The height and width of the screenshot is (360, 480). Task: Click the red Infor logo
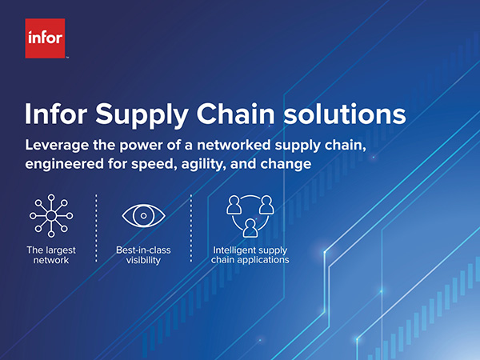[45, 38]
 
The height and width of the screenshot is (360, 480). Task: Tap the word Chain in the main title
[235, 113]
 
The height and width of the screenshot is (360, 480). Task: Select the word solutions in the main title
[344, 113]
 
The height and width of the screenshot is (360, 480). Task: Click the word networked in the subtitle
[234, 145]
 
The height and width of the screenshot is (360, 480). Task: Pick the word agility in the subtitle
[203, 165]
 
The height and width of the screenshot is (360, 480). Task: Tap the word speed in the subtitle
[154, 165]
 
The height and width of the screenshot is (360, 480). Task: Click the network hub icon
[51, 216]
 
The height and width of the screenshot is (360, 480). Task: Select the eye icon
[143, 215]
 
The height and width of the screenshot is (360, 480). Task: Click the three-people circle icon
[250, 216]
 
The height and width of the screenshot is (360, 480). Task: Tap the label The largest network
[51, 255]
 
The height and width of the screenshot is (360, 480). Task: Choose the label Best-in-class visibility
[143, 255]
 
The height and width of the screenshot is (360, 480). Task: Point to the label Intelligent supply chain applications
[250, 255]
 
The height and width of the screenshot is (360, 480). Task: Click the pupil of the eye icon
[143, 215]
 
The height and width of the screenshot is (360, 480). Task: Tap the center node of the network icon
[51, 216]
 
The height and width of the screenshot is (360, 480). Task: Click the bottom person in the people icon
[250, 228]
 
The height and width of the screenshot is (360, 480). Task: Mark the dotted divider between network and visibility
[96, 228]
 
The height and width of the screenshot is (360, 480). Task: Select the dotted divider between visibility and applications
[191, 228]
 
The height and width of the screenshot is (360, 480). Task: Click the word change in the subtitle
[286, 165]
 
